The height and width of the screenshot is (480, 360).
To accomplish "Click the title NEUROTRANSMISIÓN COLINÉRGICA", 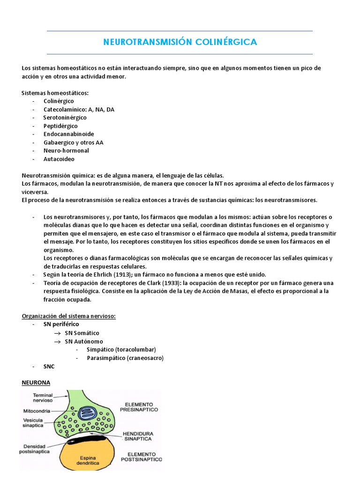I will (x=180, y=42).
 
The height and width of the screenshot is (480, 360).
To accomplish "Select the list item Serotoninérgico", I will (x=65, y=118).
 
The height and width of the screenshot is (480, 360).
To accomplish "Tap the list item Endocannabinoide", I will (x=68, y=134).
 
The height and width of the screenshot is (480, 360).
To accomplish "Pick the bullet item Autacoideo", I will (x=59, y=159).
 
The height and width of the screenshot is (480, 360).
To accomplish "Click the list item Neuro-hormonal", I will (x=66, y=150).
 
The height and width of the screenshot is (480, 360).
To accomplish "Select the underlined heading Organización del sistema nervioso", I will (x=68, y=316).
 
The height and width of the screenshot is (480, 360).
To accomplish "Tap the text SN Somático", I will (x=82, y=333).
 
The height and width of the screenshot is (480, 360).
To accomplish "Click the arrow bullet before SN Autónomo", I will (x=58, y=341).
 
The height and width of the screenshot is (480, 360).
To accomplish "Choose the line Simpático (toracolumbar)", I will (x=121, y=350).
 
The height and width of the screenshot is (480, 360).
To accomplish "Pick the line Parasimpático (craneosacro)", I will (x=125, y=358).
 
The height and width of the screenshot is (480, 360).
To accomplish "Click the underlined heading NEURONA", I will (x=36, y=382).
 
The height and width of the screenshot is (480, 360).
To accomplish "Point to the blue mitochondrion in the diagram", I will (x=86, y=413).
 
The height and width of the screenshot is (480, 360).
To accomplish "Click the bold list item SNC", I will (x=49, y=367).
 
